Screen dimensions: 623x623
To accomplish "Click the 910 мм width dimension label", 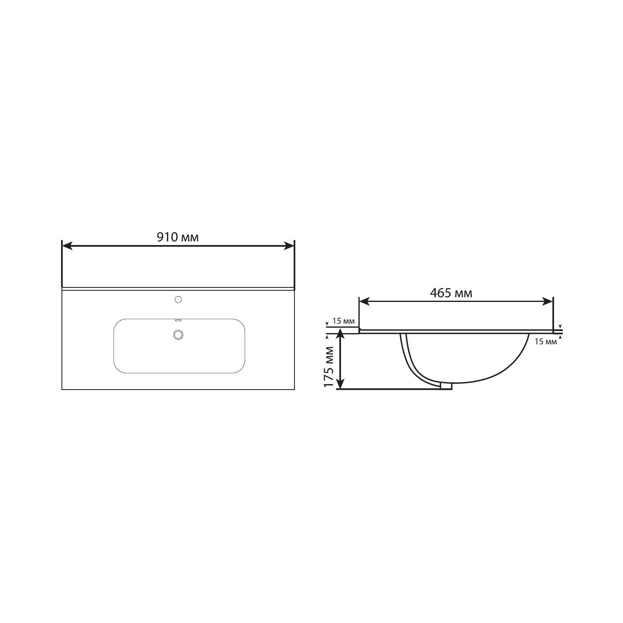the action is [177, 237].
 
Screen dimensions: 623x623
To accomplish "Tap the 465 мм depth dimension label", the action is [451, 293].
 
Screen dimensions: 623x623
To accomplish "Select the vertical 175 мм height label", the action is [329, 367].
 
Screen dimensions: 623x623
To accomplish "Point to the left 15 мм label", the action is [343, 321].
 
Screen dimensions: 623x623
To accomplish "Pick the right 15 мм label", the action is [545, 342].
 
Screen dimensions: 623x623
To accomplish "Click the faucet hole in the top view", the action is [179, 299].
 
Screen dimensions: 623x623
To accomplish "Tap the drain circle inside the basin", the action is [179, 334].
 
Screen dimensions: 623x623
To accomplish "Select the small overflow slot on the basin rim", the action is [179, 320].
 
